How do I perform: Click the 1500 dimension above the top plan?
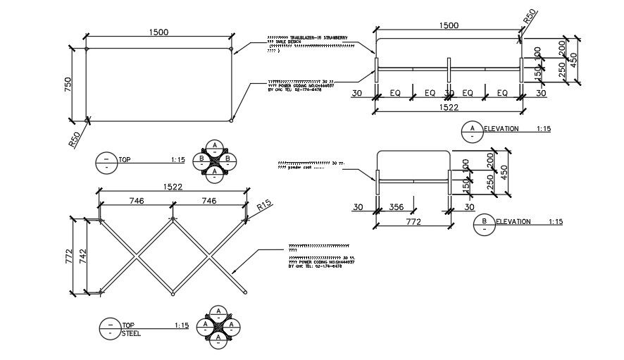pyautogui.click(x=158, y=32)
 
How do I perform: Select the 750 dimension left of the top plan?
pyautogui.click(x=68, y=84)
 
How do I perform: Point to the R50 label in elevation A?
pyautogui.click(x=530, y=17)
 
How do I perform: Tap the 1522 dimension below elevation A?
pyautogui.click(x=449, y=107)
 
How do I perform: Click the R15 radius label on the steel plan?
pyautogui.click(x=264, y=206)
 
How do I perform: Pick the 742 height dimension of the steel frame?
pyautogui.click(x=83, y=256)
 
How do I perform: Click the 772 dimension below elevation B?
pyautogui.click(x=413, y=222)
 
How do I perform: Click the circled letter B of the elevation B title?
pyautogui.click(x=485, y=222)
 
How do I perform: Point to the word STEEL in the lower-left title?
pyautogui.click(x=130, y=333)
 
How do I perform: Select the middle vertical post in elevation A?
pyautogui.click(x=449, y=70)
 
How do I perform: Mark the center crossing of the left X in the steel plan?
pyautogui.click(x=137, y=255)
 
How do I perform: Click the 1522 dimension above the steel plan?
pyautogui.click(x=173, y=187)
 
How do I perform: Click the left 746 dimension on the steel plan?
pyautogui.click(x=137, y=201)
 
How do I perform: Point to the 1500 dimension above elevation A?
pyautogui.click(x=449, y=25)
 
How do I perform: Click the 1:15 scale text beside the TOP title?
pyautogui.click(x=177, y=161)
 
